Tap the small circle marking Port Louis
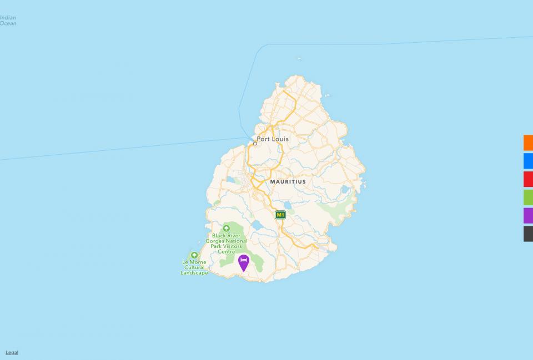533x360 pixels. (255, 143)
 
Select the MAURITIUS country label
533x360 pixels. (288, 181)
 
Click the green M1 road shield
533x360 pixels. (280, 214)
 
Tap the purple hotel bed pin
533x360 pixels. (243, 262)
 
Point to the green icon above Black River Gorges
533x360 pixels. (227, 229)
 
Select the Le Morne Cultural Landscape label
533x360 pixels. (194, 267)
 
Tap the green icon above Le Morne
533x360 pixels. (194, 255)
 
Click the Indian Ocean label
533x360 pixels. (8, 21)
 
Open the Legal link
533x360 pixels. (12, 352)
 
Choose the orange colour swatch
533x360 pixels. (528, 143)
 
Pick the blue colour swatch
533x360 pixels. (528, 161)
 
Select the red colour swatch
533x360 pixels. (528, 179)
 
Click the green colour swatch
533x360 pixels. (528, 197)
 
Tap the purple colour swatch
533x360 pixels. (528, 216)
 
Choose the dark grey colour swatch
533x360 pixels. (528, 234)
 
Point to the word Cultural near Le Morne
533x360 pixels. (194, 267)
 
